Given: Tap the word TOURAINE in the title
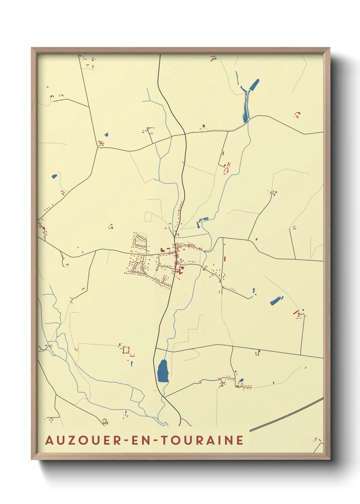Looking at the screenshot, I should click(202, 440).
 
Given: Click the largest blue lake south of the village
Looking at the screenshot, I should click(163, 371).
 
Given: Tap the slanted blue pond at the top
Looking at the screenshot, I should click(254, 84).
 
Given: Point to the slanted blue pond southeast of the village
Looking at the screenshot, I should click(276, 300).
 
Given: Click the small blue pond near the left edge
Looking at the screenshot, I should click(54, 176).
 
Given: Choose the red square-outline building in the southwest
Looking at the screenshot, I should click(126, 350).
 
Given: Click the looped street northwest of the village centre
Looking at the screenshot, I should click(141, 241).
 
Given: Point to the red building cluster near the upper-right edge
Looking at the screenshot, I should click(297, 114).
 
